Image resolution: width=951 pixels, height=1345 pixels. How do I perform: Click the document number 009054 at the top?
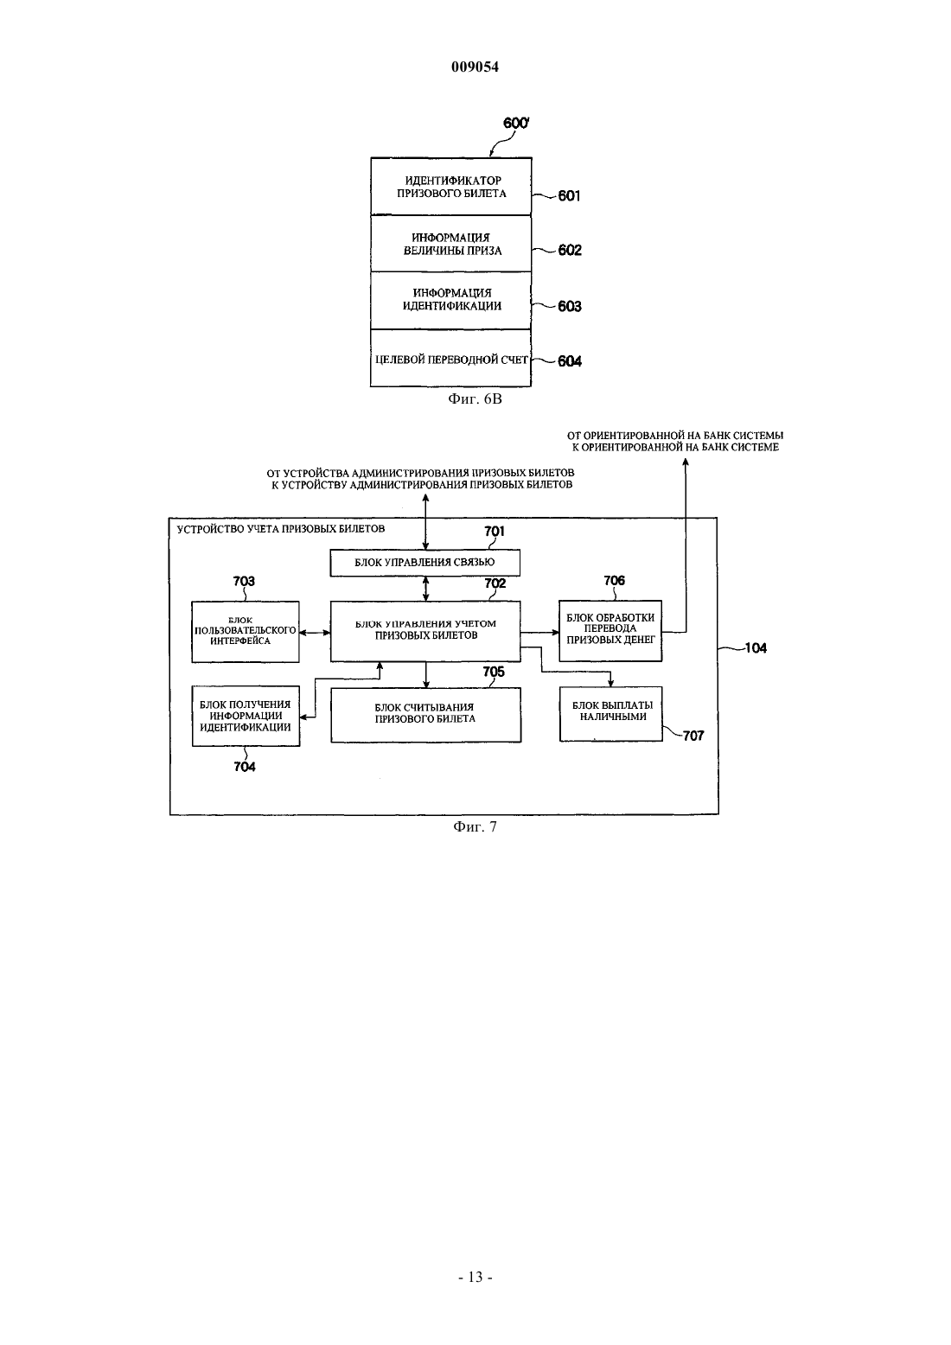[475, 67]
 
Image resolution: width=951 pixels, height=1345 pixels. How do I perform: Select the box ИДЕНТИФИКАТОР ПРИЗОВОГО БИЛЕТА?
[451, 186]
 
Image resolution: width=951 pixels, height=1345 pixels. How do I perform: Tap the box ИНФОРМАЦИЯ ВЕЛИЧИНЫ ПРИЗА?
[451, 243]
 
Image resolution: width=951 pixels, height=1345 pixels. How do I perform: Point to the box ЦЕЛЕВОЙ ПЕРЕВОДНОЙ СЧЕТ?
[451, 358]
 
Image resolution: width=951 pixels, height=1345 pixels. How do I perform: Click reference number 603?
[570, 306]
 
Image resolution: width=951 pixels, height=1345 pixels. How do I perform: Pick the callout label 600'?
[516, 123]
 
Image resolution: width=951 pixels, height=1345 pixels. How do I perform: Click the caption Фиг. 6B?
[475, 398]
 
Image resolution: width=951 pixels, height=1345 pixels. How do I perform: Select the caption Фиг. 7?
[475, 827]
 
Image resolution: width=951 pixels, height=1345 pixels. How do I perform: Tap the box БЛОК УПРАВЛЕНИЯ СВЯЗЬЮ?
[425, 563]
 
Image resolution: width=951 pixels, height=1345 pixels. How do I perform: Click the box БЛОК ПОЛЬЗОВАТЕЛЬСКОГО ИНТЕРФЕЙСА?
[246, 632]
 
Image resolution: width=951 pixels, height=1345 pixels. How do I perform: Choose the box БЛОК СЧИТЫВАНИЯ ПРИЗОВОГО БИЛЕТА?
[425, 715]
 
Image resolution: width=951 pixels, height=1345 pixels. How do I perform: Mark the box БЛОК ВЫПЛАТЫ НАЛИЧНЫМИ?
[611, 714]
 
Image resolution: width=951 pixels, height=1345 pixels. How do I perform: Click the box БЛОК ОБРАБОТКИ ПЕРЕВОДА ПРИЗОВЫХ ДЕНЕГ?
[610, 631]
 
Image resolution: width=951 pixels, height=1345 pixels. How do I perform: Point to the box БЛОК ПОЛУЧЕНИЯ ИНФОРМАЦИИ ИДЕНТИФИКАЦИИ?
[246, 716]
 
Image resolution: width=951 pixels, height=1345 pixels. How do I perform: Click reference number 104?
[756, 648]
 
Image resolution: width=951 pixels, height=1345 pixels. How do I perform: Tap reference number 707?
[693, 736]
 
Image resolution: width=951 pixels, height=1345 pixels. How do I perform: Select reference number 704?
[245, 767]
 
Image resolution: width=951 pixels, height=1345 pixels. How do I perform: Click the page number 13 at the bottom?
[475, 1277]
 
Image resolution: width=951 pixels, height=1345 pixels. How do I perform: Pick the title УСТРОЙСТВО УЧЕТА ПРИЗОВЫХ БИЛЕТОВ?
[280, 529]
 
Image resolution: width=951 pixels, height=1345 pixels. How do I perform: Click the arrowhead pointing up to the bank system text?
[686, 462]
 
